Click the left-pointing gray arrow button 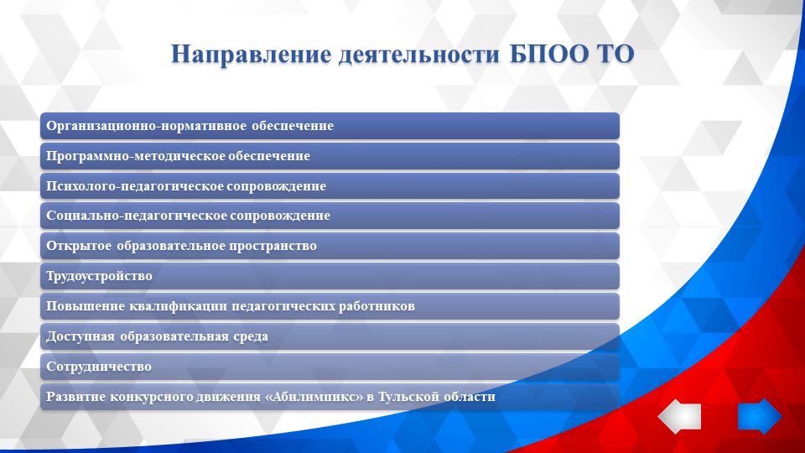[x=679, y=417]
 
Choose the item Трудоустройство [x=99, y=276]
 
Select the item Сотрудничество [x=99, y=367]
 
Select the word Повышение [x=86, y=306]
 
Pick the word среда [x=250, y=336]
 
